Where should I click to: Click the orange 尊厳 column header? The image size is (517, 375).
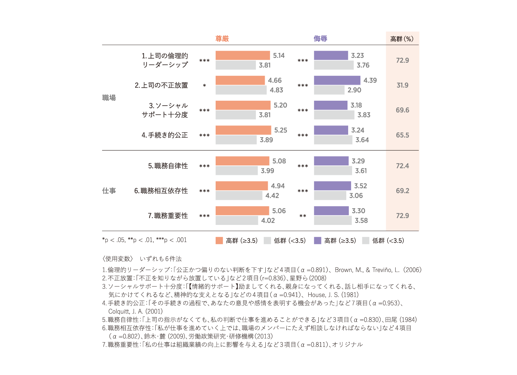222,39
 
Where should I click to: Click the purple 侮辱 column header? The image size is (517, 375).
320,39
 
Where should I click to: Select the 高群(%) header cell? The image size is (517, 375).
402,39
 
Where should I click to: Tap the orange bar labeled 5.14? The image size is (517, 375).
242,55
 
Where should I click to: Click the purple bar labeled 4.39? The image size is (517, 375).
337,80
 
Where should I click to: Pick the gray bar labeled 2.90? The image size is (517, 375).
329,90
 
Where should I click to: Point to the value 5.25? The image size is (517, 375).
280,130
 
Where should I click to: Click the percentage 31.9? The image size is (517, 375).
402,85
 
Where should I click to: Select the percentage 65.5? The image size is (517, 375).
402,135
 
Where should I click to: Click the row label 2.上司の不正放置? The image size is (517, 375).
161,85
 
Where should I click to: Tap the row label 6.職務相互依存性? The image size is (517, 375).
161,191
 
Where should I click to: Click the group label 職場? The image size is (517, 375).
109,98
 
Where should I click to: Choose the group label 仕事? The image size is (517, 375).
109,191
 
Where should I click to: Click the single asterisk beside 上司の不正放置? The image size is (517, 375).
204,86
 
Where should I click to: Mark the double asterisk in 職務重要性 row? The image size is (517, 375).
303,216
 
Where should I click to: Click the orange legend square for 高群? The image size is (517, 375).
219,241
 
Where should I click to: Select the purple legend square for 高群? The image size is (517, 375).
317,241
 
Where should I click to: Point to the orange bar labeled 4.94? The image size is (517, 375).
241,186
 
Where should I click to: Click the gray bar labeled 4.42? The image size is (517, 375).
239,196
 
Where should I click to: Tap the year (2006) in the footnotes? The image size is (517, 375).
412,270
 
